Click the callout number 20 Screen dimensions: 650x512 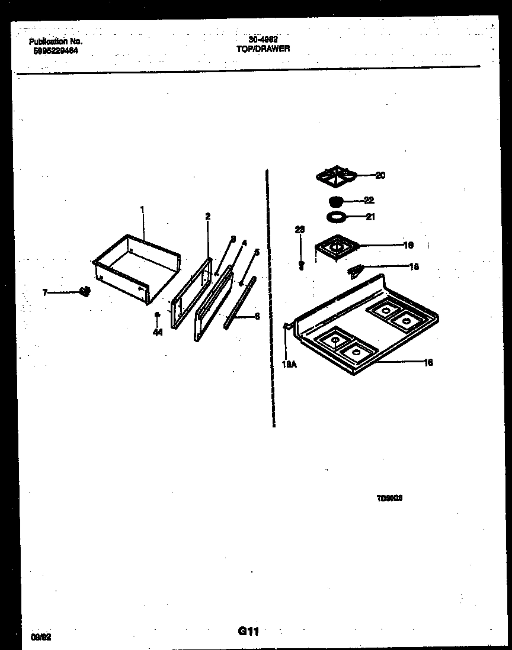point(380,175)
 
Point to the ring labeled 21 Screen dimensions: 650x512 point(337,217)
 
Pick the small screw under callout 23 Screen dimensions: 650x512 point(301,265)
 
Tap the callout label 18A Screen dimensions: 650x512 point(289,364)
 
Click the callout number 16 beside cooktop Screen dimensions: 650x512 point(428,362)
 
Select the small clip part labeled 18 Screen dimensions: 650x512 point(355,271)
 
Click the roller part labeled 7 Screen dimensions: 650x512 point(85,291)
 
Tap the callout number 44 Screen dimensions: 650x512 point(157,333)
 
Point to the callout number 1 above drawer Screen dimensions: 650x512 point(142,209)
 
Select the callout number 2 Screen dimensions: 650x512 point(207,217)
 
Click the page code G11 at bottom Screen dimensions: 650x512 point(249,632)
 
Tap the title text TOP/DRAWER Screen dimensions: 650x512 point(263,49)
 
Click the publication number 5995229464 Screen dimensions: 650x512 point(54,51)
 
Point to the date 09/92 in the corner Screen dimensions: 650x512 point(41,638)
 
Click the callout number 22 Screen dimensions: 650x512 point(369,200)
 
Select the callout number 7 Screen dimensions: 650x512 point(44,292)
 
